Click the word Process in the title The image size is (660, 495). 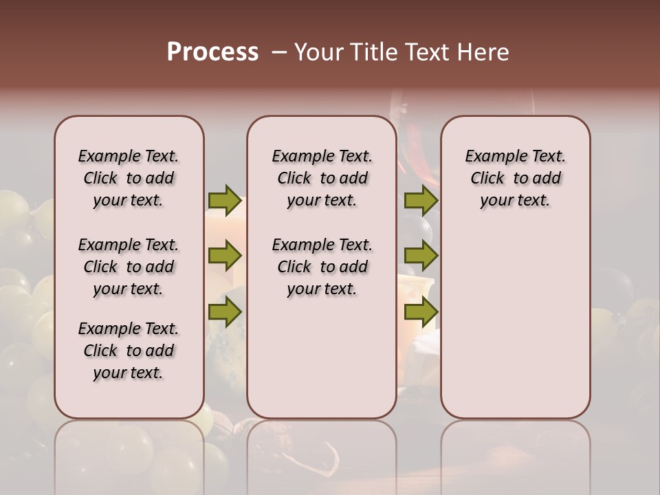click(x=212, y=52)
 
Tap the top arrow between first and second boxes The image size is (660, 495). click(x=225, y=200)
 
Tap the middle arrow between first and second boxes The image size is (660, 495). click(x=225, y=256)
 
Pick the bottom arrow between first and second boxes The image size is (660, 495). click(x=225, y=312)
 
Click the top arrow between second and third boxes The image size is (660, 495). click(x=420, y=200)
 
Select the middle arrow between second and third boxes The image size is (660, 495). click(x=420, y=256)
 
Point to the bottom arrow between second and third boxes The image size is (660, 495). click(x=420, y=312)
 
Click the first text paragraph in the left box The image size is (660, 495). click(x=129, y=178)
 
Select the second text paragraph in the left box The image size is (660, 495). click(x=129, y=267)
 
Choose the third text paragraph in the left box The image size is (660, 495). click(x=129, y=351)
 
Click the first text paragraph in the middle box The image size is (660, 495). click(x=322, y=178)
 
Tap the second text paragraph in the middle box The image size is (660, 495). click(x=322, y=267)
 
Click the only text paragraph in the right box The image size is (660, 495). click(x=516, y=178)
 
